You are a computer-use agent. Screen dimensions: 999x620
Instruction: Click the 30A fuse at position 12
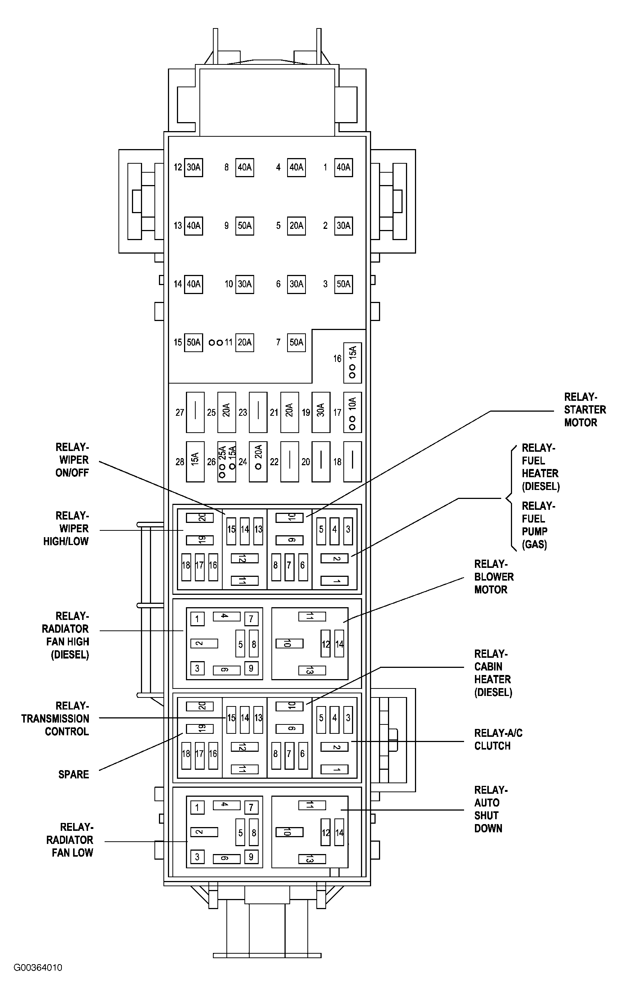[x=193, y=167]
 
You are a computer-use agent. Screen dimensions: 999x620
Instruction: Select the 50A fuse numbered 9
[x=244, y=226]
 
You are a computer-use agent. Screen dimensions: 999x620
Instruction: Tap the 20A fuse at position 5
[x=296, y=226]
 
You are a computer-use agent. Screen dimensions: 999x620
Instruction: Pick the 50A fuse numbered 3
[x=343, y=284]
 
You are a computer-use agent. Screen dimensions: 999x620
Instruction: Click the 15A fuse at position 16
[x=352, y=363]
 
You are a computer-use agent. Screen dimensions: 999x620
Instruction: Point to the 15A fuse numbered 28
[x=195, y=461]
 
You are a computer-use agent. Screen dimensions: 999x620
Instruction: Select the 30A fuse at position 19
[x=320, y=412]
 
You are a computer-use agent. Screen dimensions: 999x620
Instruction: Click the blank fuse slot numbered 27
[x=195, y=412]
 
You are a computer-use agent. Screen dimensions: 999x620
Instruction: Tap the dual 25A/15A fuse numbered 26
[x=226, y=461]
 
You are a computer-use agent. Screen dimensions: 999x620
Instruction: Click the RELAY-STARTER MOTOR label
[x=584, y=410]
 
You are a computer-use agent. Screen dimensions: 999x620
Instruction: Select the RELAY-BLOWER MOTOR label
[x=493, y=577]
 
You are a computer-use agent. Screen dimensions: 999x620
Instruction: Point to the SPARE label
[x=73, y=775]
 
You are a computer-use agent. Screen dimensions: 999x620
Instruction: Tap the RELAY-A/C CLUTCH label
[x=498, y=740]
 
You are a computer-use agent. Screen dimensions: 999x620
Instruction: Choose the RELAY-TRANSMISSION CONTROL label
[x=56, y=719]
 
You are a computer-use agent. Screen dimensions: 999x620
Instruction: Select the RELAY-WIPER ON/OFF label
[x=73, y=460]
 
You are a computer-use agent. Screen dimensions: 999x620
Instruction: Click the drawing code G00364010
[x=38, y=968]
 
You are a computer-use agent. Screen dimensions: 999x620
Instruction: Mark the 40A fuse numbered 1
[x=343, y=167]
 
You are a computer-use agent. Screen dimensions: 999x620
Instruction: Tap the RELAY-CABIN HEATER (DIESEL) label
[x=493, y=673]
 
